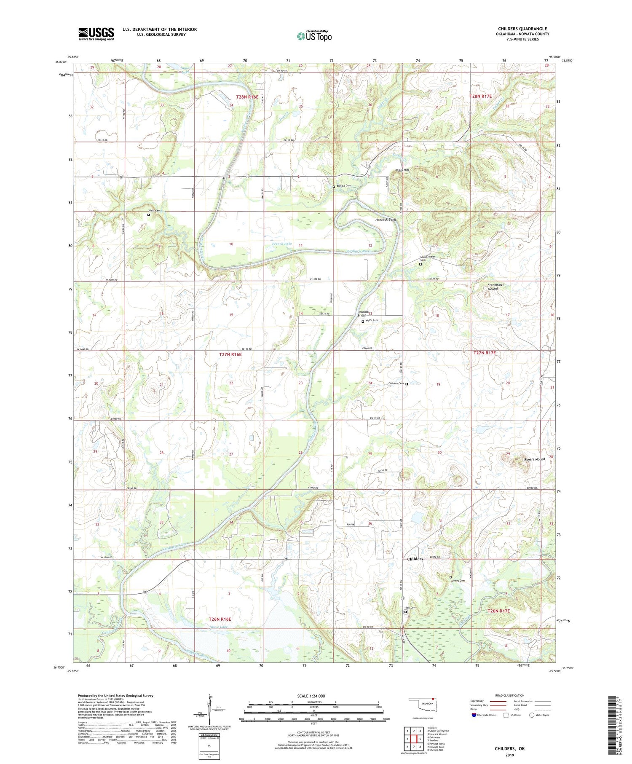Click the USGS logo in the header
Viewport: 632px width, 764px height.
click(x=96, y=34)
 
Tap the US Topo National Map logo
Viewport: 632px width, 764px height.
click(x=314, y=36)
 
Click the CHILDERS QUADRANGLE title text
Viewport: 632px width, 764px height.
click(x=522, y=29)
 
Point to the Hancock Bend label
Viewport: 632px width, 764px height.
click(x=386, y=220)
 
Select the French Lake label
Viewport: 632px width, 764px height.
click(x=281, y=244)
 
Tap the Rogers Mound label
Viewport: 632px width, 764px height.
click(x=534, y=459)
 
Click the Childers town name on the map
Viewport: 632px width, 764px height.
click(x=415, y=559)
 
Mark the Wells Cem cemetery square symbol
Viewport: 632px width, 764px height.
click(x=148, y=214)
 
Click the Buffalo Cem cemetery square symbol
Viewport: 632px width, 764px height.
click(x=334, y=187)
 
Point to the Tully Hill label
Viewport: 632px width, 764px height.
click(x=402, y=170)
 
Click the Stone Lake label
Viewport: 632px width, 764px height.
click(x=219, y=627)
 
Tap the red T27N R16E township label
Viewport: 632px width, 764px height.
click(x=230, y=354)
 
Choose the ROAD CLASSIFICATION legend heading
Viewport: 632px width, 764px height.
click(x=510, y=695)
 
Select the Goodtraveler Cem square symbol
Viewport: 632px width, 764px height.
click(x=420, y=264)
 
